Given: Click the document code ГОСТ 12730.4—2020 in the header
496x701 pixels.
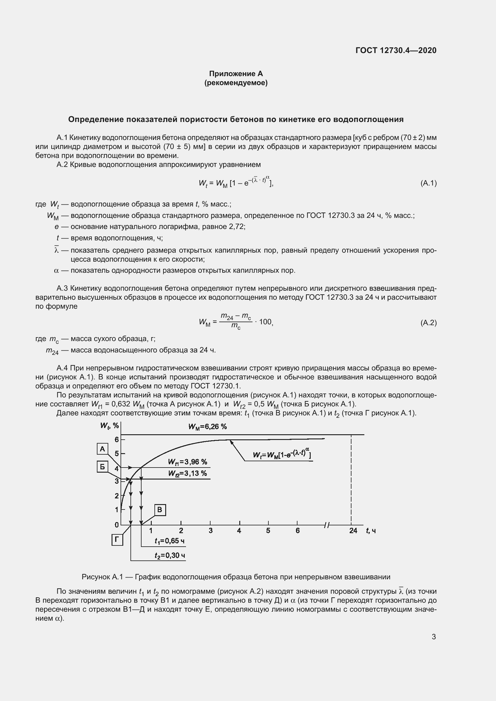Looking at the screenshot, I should pyautogui.click(x=396, y=50).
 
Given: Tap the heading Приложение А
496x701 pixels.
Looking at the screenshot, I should pyautogui.click(x=236, y=74).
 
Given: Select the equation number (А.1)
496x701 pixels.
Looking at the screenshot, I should pyautogui.click(x=429, y=183).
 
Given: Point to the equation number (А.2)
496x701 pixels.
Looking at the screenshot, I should pyautogui.click(x=429, y=323).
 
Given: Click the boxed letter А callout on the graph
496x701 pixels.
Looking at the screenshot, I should pyautogui.click(x=103, y=449).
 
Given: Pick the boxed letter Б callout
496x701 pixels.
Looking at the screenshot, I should pyautogui.click(x=103, y=467).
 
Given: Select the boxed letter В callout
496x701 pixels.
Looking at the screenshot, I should pyautogui.click(x=160, y=510).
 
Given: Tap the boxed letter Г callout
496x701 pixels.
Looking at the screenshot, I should pyautogui.click(x=117, y=540).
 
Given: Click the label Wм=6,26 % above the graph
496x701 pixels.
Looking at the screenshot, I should pyautogui.click(x=208, y=427).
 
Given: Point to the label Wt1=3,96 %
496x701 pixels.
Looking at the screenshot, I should pyautogui.click(x=187, y=462).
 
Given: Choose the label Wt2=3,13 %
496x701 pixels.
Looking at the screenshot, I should pyautogui.click(x=187, y=474).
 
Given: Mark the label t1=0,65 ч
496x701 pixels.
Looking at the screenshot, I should pyautogui.click(x=169, y=541).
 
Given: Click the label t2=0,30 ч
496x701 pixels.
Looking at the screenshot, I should pyautogui.click(x=169, y=555).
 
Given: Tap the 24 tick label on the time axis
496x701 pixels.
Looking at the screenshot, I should pyautogui.click(x=353, y=531).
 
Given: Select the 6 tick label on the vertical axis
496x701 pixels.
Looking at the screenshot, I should pyautogui.click(x=117, y=440).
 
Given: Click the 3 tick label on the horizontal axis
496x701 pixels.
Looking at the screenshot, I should pyautogui.click(x=211, y=531).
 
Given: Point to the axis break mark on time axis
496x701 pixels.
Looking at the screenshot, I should pyautogui.click(x=327, y=525).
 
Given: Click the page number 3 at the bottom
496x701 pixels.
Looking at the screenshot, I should pyautogui.click(x=434, y=637).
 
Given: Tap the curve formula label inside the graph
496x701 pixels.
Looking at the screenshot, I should pyautogui.click(x=282, y=455).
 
